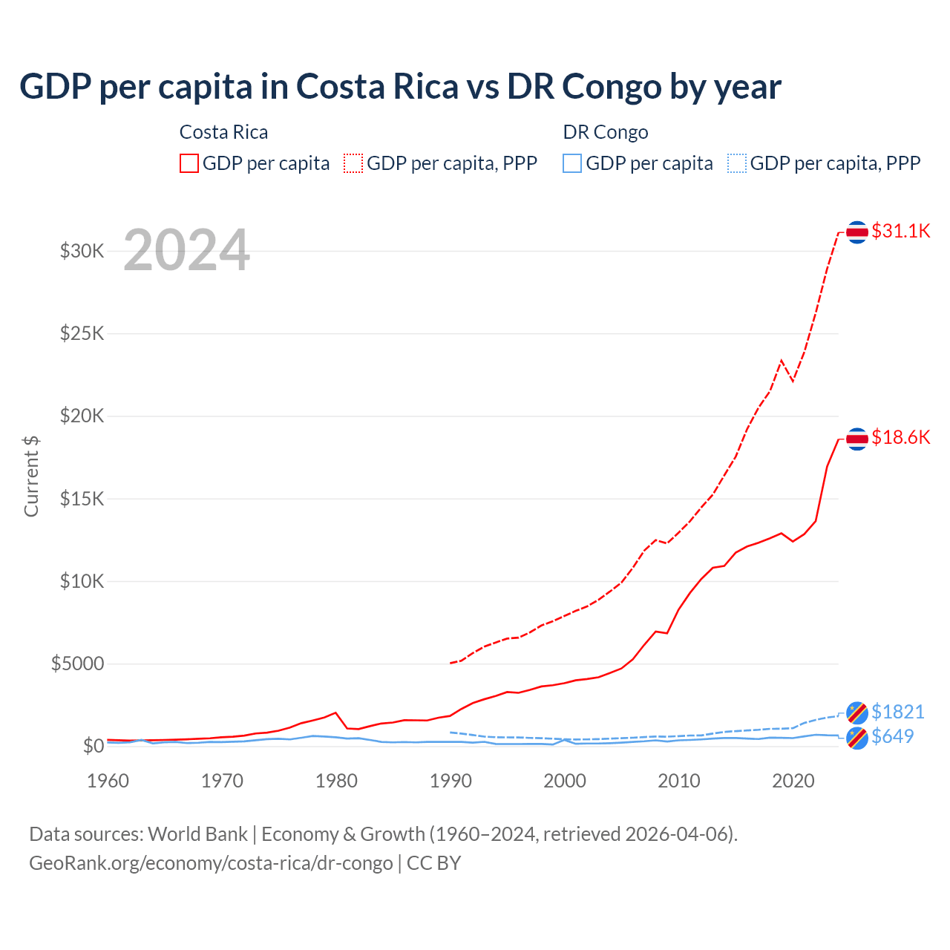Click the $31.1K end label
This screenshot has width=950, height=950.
pyautogui.click(x=900, y=231)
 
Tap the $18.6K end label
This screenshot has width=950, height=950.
pyautogui.click(x=900, y=437)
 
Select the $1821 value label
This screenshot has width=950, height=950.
pyautogui.click(x=897, y=712)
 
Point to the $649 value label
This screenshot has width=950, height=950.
pyautogui.click(x=892, y=736)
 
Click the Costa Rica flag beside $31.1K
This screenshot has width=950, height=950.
pyautogui.click(x=857, y=232)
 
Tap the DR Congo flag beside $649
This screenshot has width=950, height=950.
pyautogui.click(x=857, y=738)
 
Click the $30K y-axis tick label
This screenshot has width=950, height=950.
pyautogui.click(x=82, y=251)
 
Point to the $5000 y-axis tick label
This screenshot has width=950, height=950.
pyautogui.click(x=77, y=664)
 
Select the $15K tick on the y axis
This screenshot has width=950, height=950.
pyautogui.click(x=82, y=499)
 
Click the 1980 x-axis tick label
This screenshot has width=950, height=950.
pyautogui.click(x=336, y=781)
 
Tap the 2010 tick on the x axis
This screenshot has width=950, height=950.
pyautogui.click(x=679, y=781)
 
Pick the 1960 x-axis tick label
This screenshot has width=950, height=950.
pyautogui.click(x=108, y=781)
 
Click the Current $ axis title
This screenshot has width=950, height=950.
pyautogui.click(x=31, y=476)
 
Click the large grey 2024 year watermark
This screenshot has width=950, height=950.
pyautogui.click(x=186, y=250)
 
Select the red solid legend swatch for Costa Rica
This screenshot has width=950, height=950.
pyautogui.click(x=189, y=163)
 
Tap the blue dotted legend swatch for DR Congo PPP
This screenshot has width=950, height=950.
pyautogui.click(x=737, y=163)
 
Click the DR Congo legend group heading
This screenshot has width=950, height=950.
pyautogui.click(x=606, y=132)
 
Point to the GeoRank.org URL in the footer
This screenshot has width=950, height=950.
pyautogui.click(x=211, y=863)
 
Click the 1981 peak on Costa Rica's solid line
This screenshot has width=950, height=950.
pyautogui.click(x=336, y=712)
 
